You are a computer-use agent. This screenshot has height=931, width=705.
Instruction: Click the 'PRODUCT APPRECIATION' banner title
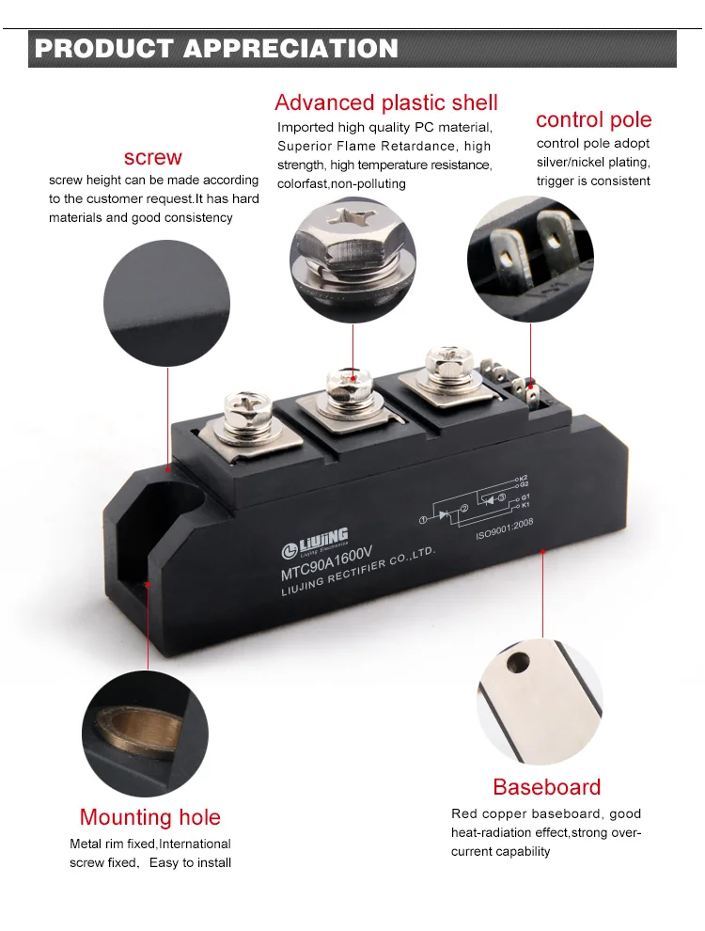coord(216,49)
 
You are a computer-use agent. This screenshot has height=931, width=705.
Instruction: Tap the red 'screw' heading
coord(152,157)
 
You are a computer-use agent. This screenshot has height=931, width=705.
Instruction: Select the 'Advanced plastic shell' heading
coord(385,103)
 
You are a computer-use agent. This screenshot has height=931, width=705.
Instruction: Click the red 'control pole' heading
coord(593,119)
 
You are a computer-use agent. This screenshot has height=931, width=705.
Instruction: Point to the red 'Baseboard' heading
coord(546,787)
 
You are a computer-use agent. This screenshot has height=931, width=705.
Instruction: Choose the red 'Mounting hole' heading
coord(150,817)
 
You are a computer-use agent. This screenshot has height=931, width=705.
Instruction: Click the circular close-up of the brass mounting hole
coord(145,734)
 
